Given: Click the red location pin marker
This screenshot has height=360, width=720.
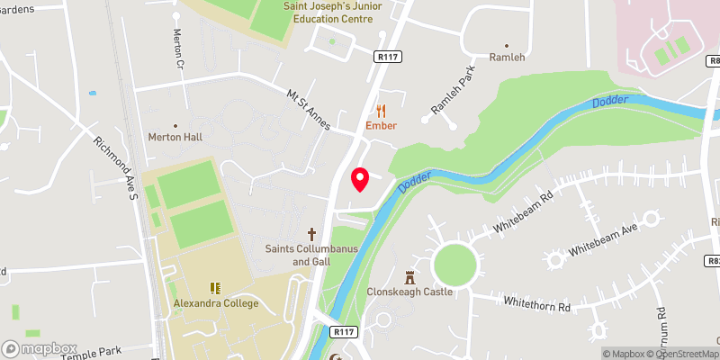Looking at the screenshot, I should pos(360,179).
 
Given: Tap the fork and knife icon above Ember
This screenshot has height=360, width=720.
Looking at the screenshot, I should pos(382,111).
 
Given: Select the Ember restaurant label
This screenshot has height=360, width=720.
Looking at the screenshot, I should pos(381,126).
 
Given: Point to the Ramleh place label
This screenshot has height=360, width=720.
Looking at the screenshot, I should pos(506,58).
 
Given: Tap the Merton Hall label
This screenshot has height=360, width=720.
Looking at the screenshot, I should pos(175,137).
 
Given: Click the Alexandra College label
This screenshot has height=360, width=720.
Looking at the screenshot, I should pos(216,303).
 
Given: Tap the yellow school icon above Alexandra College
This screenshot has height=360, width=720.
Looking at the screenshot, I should pos(216,288).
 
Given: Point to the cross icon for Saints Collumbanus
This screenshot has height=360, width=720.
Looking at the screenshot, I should pos(313,233).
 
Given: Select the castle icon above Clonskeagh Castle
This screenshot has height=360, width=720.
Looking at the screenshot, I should pos(410,276).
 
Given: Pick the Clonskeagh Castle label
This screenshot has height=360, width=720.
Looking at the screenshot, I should pos(410,292).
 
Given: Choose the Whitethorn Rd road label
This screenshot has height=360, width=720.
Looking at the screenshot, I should pos(537,305).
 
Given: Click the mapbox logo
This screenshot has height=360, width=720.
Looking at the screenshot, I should pos(40,348).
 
